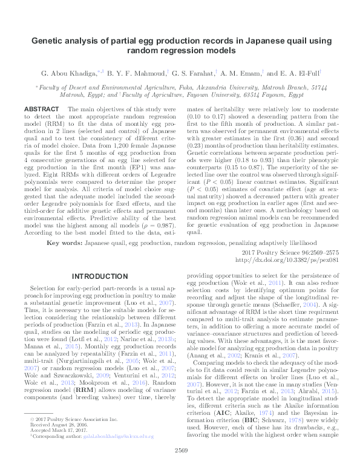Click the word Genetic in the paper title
click(x=48, y=42)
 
